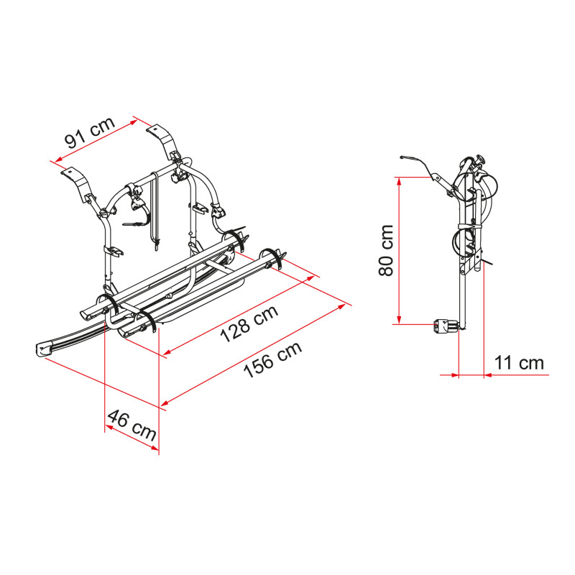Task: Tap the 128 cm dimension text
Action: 249,324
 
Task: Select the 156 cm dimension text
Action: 273,360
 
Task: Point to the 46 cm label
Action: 132,425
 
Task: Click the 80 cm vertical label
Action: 386,250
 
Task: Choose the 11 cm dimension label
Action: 519,363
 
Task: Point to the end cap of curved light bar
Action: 44,349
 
